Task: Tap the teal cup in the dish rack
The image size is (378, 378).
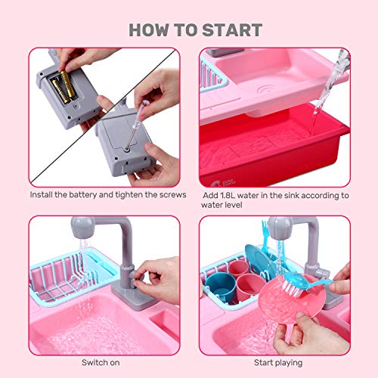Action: coord(227,287)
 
